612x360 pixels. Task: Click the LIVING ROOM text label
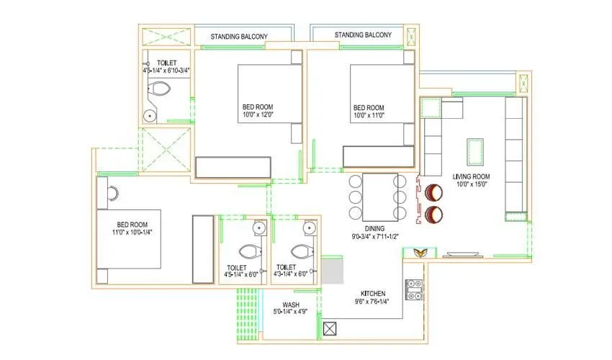point(471,176)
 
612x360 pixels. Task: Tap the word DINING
point(375,228)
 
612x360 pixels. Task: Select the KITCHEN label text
point(373,293)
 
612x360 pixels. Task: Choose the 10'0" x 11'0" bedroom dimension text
point(369,115)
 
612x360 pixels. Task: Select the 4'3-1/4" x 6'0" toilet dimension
point(291,274)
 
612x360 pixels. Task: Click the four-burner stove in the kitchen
point(414,289)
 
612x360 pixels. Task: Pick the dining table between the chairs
point(374,196)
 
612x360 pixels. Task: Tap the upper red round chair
point(434,193)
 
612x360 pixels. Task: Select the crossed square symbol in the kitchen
point(331,329)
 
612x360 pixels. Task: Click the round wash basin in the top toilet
point(150,114)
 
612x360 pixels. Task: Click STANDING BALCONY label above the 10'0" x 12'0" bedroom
point(239,36)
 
